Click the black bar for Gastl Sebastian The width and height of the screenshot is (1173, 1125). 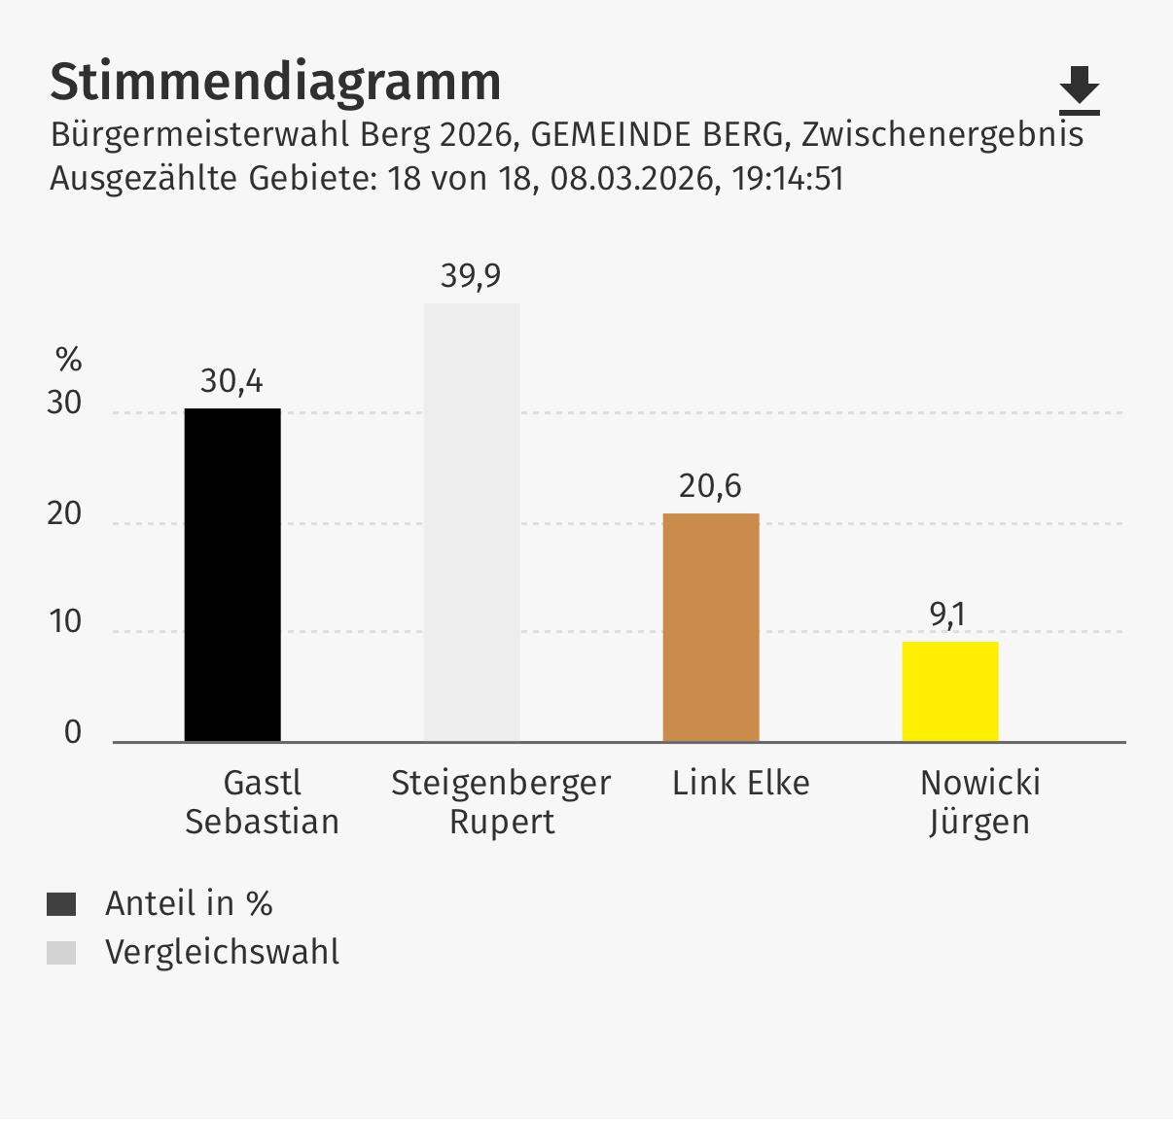(232, 575)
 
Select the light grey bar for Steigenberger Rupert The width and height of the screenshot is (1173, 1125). (472, 522)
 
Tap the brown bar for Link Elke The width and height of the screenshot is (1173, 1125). (711, 627)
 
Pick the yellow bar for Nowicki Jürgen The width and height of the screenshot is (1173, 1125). (950, 691)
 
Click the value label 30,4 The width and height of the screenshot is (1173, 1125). (231, 381)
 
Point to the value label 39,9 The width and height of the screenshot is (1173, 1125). (471, 276)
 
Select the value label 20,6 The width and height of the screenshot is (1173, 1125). (710, 486)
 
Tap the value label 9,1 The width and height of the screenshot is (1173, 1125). (947, 615)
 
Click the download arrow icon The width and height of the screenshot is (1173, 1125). (1079, 90)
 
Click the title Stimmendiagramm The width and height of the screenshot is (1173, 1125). (275, 82)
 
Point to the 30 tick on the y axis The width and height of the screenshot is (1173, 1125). (65, 404)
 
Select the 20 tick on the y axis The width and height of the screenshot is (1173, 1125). (65, 514)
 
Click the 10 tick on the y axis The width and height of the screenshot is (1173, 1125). (65, 622)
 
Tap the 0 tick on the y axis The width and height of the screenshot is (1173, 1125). (73, 733)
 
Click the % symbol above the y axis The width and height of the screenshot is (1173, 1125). (68, 361)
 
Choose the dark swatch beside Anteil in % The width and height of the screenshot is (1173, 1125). (61, 904)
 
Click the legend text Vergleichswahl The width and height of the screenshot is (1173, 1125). (223, 952)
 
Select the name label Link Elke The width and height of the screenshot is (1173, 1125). (740, 784)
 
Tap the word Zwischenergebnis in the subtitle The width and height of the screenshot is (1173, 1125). (942, 134)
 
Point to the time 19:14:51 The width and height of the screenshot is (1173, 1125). (788, 179)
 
